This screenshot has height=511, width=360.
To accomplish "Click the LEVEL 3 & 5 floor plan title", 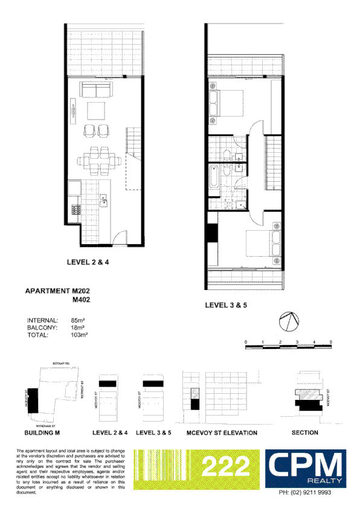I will coord(227,306).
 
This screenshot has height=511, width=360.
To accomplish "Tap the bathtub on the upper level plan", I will coord(215,179).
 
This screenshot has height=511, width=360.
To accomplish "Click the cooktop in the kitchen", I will coord(77,211).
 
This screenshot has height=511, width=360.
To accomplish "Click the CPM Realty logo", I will coord(307,468).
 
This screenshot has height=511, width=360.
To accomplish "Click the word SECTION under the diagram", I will coord(305,433).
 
